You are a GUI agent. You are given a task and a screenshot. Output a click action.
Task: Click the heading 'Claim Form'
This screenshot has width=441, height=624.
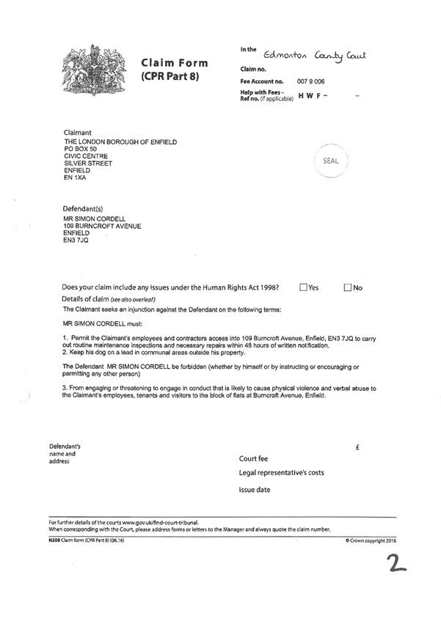coord(174,63)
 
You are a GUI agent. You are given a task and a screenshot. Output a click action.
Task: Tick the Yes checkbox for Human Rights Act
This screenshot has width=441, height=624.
coord(303,288)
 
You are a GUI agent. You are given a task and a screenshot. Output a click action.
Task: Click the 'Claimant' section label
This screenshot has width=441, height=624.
coord(78,132)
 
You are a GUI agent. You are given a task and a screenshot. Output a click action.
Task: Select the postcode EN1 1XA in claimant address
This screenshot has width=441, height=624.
coord(76,177)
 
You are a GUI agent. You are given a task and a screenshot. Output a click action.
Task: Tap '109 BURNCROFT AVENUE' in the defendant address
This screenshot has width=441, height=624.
coord(103,226)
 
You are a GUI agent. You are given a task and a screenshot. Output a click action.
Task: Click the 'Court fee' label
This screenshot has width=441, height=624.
coord(254,458)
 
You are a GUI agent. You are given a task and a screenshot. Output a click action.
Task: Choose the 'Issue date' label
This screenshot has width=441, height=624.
coord(255,489)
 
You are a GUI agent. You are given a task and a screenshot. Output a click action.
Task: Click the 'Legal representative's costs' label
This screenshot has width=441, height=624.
coord(281,473)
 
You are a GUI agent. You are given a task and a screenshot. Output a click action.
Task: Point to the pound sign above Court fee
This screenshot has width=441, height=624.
coord(356,447)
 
